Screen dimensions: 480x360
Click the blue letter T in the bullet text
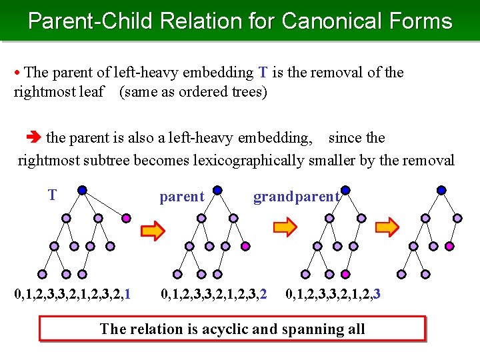pyautogui.click(x=263, y=72)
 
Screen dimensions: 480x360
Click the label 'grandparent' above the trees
pyautogui.click(x=296, y=197)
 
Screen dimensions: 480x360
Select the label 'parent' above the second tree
pyautogui.click(x=182, y=197)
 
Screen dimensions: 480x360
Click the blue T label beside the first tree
pyautogui.click(x=52, y=195)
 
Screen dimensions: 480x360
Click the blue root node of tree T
pyautogui.click(x=82, y=189)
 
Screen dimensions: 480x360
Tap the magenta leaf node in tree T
pyautogui.click(x=127, y=218)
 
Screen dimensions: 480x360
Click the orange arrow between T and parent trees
pyautogui.click(x=153, y=231)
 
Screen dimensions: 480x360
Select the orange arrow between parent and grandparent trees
pyautogui.click(x=287, y=228)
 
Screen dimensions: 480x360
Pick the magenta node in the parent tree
pyautogui.click(x=245, y=246)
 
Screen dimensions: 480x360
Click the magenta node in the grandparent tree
pyautogui.click(x=345, y=273)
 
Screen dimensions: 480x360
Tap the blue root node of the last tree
pyautogui.click(x=441, y=189)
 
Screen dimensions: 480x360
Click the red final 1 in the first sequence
pyautogui.click(x=127, y=292)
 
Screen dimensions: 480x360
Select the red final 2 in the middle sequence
pyautogui.click(x=264, y=292)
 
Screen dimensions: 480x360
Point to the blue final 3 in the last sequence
pyautogui.click(x=377, y=292)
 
